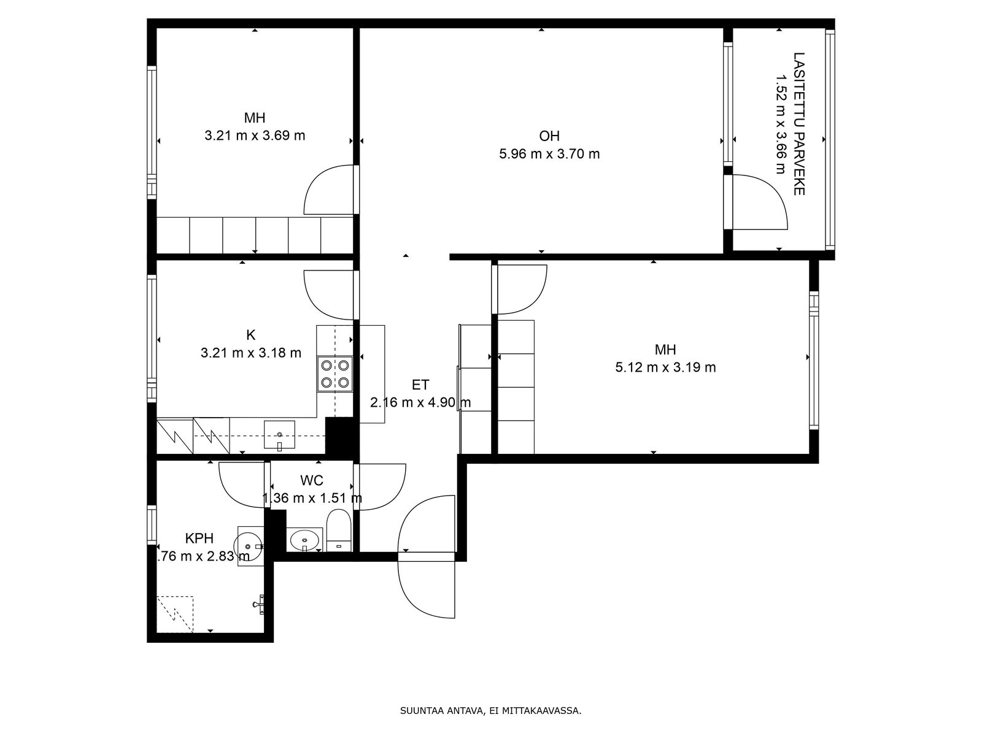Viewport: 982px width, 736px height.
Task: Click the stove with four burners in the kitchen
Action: click(x=334, y=374)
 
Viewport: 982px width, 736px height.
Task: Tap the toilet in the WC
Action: click(x=339, y=530)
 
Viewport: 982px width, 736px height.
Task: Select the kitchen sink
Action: click(x=280, y=434)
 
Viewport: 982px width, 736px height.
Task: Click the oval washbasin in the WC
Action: click(x=304, y=540)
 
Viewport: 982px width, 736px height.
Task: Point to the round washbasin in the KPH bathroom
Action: click(x=249, y=546)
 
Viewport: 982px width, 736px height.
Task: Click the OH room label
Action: click(x=549, y=136)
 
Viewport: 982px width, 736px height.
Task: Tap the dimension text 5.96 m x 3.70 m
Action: click(x=549, y=154)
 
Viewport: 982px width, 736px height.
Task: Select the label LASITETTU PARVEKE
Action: click(x=799, y=124)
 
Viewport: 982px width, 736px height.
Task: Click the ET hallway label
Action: click(x=420, y=385)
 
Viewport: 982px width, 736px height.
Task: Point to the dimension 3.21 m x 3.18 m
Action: click(x=250, y=353)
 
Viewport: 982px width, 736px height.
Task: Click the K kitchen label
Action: click(x=250, y=335)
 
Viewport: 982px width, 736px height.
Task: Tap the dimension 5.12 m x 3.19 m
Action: click(x=665, y=367)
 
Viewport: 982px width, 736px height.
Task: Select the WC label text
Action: click(x=311, y=480)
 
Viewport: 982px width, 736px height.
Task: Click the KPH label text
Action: click(x=199, y=538)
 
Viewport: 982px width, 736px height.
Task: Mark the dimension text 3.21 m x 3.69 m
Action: click(x=255, y=136)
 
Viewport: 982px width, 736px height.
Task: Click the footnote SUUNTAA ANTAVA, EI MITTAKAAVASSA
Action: click(x=491, y=710)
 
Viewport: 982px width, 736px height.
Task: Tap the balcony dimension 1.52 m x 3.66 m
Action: click(x=781, y=124)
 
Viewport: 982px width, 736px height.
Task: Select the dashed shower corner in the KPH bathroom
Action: click(x=175, y=614)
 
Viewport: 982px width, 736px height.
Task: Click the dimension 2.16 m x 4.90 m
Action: click(x=420, y=402)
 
